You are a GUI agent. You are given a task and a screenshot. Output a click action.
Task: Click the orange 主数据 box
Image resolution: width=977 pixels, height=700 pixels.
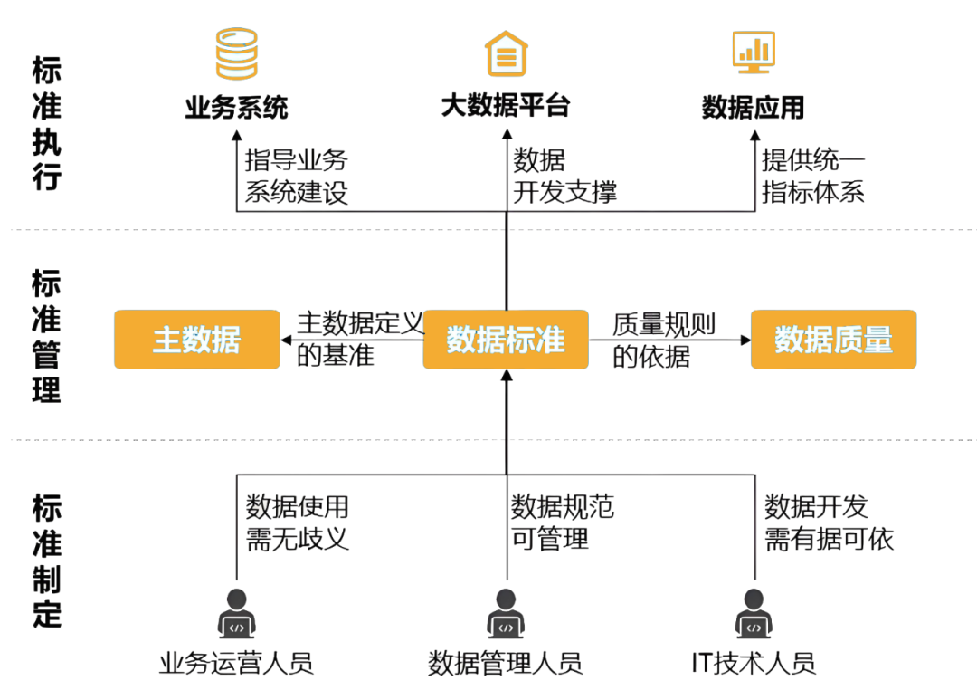click(x=196, y=340)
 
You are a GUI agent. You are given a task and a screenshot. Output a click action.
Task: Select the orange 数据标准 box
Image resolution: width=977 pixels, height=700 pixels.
click(x=506, y=340)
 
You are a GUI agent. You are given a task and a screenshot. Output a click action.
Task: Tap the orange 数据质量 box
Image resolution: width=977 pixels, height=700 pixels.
click(x=833, y=340)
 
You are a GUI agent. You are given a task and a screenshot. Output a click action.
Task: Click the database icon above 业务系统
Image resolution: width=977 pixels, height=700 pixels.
click(x=236, y=53)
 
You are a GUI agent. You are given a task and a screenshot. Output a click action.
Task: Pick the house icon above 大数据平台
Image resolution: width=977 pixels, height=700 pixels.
click(x=506, y=53)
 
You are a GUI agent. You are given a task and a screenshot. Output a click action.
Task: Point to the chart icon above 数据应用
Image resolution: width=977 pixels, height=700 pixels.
click(x=753, y=52)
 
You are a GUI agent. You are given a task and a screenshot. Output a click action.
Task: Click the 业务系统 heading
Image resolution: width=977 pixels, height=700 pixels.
click(x=236, y=109)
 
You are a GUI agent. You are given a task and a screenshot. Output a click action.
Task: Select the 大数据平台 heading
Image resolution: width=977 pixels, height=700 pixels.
click(x=506, y=106)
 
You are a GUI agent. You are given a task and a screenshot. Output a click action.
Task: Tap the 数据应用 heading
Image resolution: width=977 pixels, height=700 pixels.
click(x=753, y=109)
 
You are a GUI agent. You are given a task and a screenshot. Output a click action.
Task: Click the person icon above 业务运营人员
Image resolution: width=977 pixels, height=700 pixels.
click(x=236, y=613)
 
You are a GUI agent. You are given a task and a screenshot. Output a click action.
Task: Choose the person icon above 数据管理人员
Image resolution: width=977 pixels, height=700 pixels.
click(x=506, y=613)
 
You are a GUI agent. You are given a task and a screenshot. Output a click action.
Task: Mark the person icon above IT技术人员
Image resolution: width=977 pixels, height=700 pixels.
click(x=754, y=613)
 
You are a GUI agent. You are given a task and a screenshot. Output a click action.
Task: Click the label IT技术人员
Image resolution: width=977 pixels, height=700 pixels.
click(x=754, y=663)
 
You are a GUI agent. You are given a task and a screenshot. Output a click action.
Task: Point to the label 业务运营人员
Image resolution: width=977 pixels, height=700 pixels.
click(x=236, y=663)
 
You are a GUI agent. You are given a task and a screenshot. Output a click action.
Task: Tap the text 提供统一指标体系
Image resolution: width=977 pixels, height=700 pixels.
click(x=812, y=177)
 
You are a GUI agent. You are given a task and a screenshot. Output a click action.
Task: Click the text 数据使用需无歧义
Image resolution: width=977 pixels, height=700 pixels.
click(x=297, y=523)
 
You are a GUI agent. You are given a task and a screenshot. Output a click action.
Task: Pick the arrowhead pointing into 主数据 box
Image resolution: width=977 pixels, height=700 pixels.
click(x=286, y=340)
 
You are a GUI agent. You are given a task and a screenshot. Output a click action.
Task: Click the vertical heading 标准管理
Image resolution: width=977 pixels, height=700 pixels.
click(x=46, y=336)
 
